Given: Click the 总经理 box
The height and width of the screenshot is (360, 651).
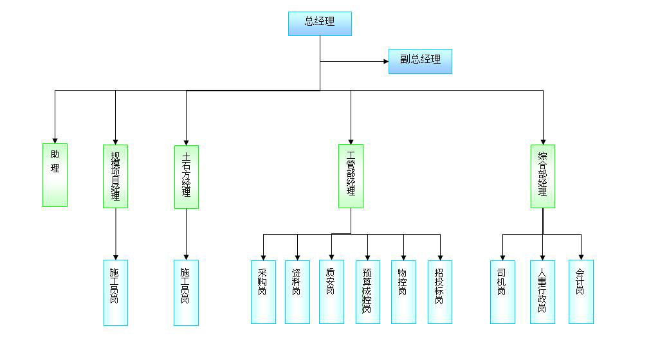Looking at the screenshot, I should [x=320, y=23].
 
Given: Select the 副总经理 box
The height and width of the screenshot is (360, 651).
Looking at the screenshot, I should [x=420, y=61].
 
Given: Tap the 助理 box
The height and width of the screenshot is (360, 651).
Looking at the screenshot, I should [x=55, y=175].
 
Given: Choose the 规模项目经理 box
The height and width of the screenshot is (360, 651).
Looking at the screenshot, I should [x=115, y=176].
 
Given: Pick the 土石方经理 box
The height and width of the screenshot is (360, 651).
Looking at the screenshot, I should [x=186, y=177].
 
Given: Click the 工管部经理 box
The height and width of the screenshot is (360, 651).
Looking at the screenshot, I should [x=351, y=176].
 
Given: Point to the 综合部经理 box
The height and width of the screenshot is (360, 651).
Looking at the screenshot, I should [x=543, y=176].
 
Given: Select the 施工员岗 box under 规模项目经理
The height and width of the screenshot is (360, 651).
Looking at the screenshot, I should [x=116, y=292].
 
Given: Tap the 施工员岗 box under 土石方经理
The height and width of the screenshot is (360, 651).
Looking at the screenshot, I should [x=186, y=292].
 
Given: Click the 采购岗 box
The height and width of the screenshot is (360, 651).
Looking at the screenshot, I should [x=263, y=291].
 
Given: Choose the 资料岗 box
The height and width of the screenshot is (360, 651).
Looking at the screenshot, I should [x=297, y=291].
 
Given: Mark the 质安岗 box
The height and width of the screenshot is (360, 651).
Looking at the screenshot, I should [x=331, y=291].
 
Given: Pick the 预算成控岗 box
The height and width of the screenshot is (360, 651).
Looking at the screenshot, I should [x=367, y=291].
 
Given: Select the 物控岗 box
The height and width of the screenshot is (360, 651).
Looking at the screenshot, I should [x=403, y=291].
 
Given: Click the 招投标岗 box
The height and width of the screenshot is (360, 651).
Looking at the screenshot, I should [x=440, y=291].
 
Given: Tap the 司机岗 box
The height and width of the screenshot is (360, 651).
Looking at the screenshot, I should [x=502, y=291].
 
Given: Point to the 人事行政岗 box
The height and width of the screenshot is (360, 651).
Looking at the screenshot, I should [x=542, y=291].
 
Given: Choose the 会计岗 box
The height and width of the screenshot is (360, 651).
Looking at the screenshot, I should [x=581, y=291].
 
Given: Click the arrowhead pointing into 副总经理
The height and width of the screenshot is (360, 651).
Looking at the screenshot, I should [x=385, y=62].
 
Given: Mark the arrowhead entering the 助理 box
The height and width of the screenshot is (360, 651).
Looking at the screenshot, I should [x=55, y=139].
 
